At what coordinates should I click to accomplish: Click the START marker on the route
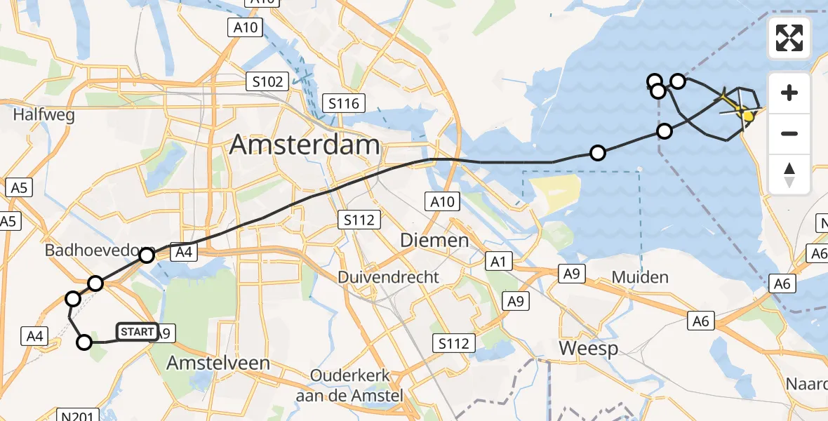[137, 332]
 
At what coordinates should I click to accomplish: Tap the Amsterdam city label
[305, 145]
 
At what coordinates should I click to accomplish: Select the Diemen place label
[434, 241]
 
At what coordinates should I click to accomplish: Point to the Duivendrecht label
[389, 277]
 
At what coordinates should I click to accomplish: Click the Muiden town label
[640, 277]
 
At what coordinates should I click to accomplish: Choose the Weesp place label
[588, 348]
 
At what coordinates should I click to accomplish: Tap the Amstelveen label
[218, 363]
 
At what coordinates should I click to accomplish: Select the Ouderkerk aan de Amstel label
[349, 385]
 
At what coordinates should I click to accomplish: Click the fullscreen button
[789, 38]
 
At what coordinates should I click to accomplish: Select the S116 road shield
[344, 105]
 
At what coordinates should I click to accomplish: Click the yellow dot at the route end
[749, 116]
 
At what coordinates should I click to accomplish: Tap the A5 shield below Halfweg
[18, 188]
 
